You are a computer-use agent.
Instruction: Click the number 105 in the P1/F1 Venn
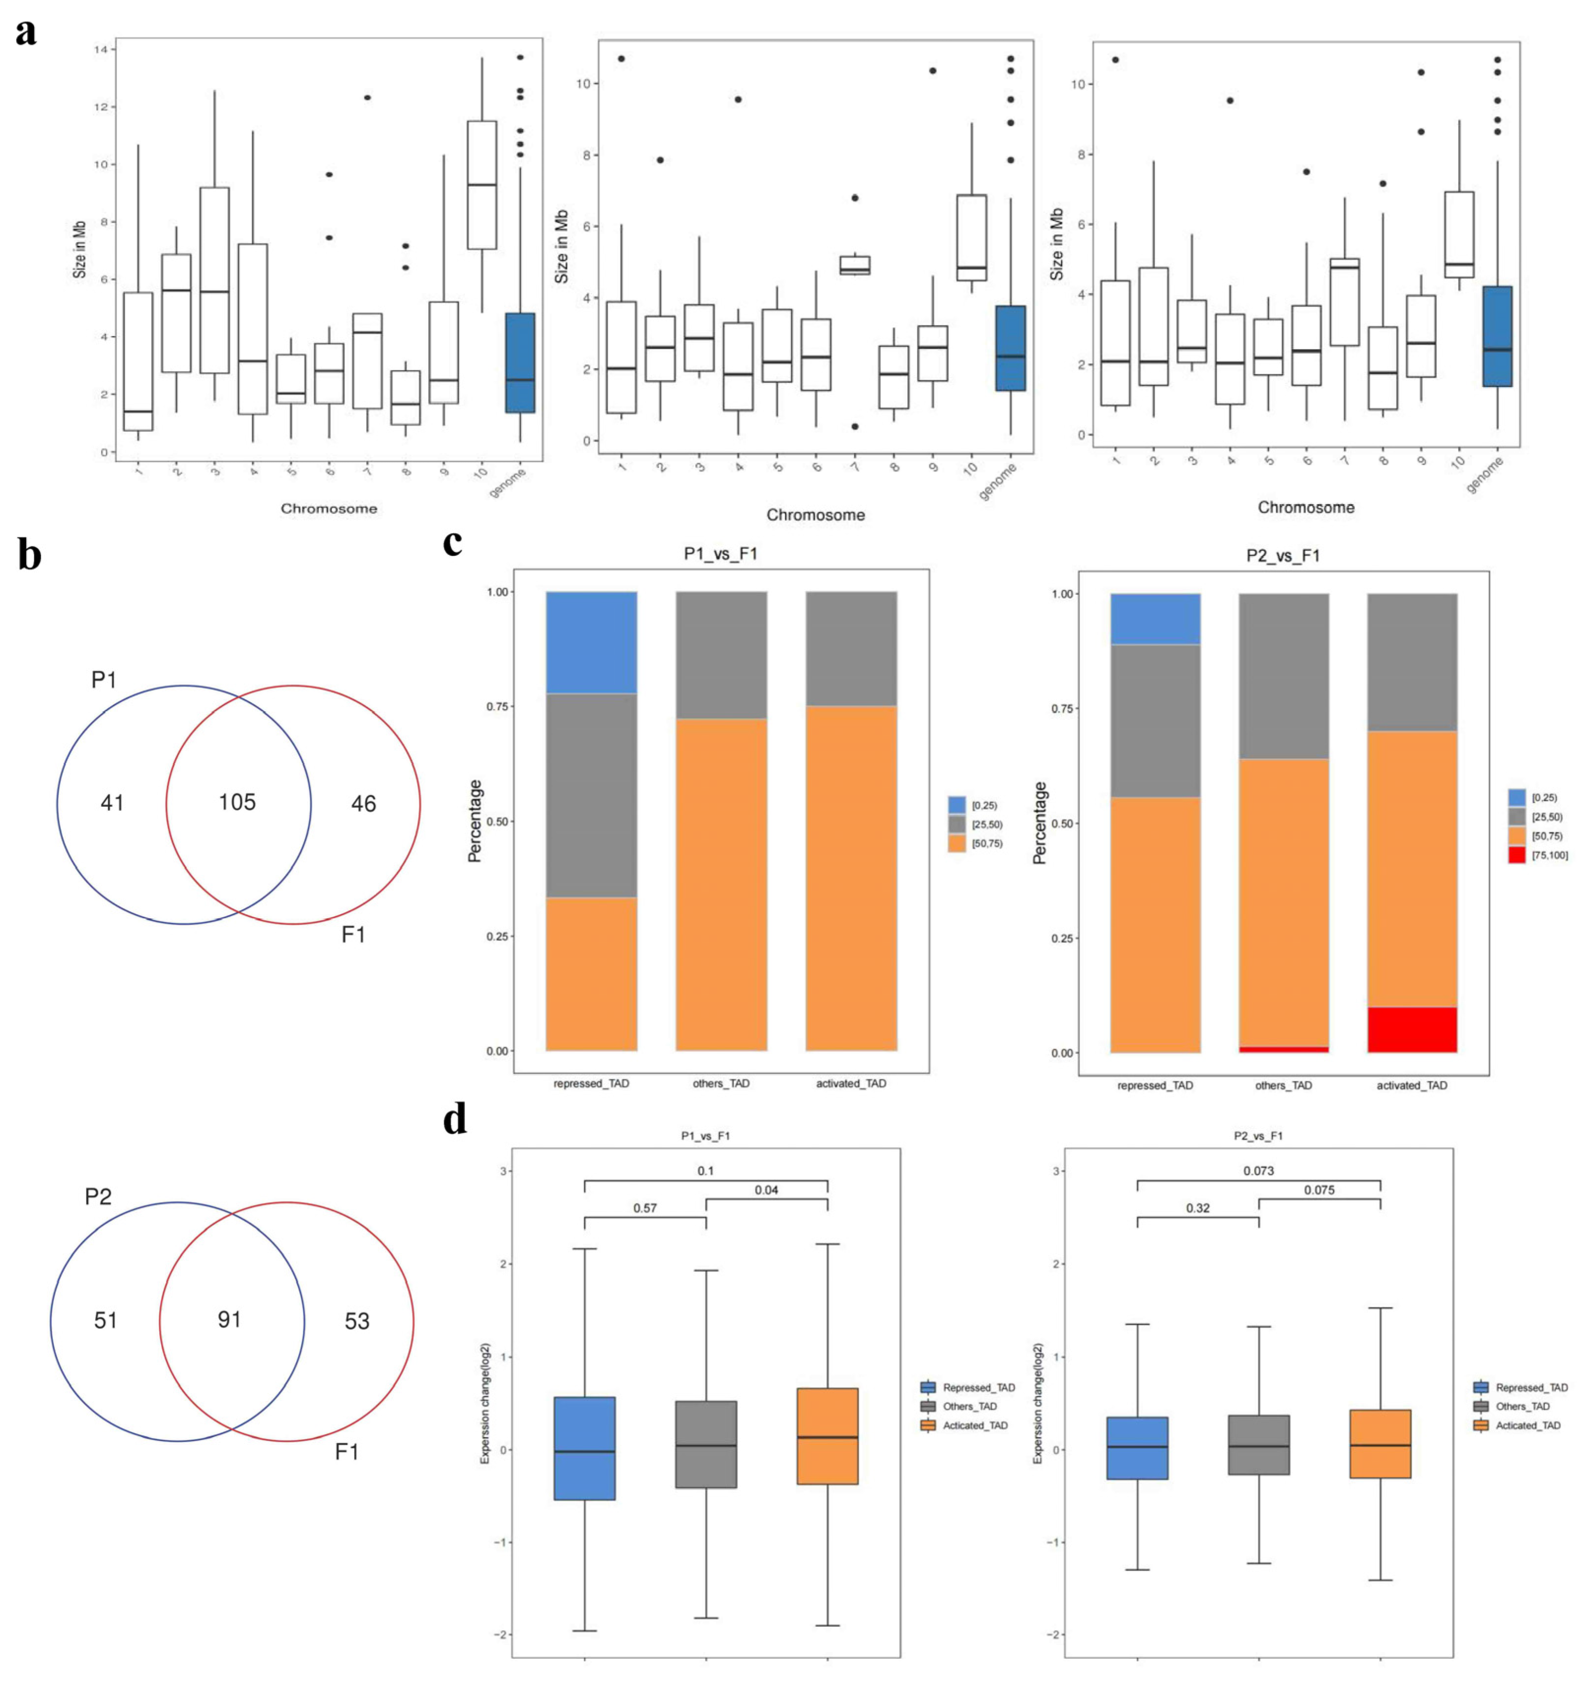[x=237, y=802]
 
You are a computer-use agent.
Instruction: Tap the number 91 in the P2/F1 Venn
[x=230, y=1319]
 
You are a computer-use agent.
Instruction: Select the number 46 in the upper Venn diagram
[x=363, y=803]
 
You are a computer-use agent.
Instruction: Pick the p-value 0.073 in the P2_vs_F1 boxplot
[x=1259, y=1170]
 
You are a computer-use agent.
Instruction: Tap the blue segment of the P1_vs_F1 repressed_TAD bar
[x=591, y=642]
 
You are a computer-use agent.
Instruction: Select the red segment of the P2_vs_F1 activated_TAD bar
[x=1412, y=1030]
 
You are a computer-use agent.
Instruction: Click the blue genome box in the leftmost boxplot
[x=519, y=363]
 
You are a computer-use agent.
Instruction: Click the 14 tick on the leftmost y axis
[x=101, y=50]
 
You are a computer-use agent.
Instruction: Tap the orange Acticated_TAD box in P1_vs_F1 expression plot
[x=828, y=1436]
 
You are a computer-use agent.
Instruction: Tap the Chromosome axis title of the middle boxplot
[x=815, y=515]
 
